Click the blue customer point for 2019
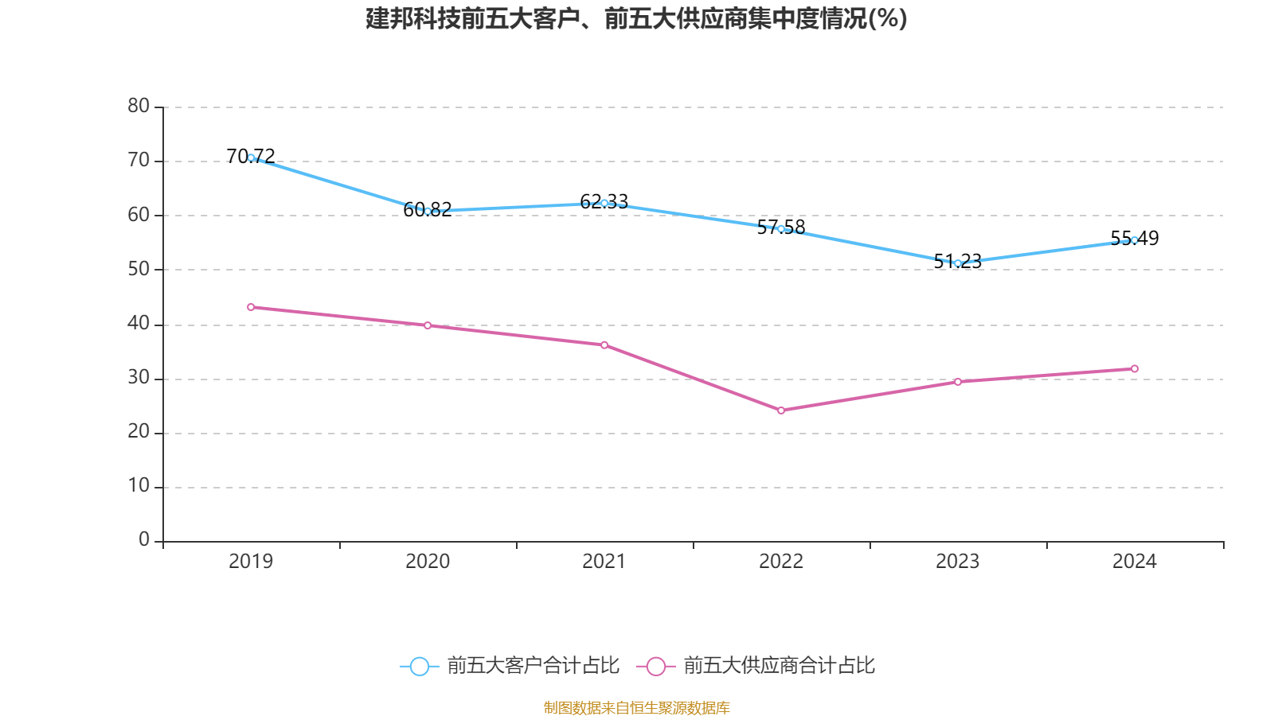click(251, 158)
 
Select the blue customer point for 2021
click(604, 203)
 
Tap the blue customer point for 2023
click(958, 263)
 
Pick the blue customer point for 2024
click(1135, 239)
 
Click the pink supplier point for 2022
click(781, 411)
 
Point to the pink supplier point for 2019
click(251, 307)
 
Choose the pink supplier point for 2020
click(428, 325)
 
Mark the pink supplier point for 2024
click(1135, 368)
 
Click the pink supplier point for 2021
click(604, 344)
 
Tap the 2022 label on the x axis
click(781, 562)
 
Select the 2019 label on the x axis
click(251, 562)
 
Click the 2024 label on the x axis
click(1135, 562)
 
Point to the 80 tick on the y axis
click(139, 106)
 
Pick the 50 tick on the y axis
click(139, 269)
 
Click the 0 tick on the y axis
click(144, 540)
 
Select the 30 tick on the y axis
click(139, 378)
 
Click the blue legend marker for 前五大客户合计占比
click(419, 666)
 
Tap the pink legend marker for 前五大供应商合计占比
click(656, 666)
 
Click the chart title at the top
click(636, 18)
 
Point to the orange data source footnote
click(636, 707)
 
